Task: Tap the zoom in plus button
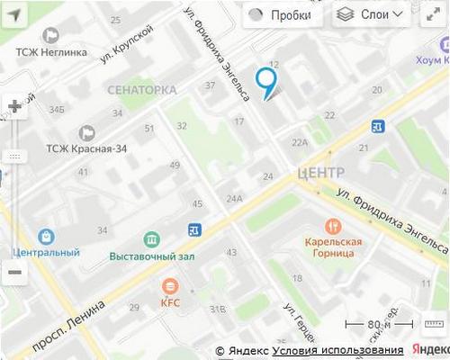[14, 106]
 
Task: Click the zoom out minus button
[14, 272]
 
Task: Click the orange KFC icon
[170, 286]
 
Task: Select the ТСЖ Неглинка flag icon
[49, 35]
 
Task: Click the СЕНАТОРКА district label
[141, 90]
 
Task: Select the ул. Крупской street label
[127, 44]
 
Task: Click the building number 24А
[235, 198]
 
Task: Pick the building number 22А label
[300, 142]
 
